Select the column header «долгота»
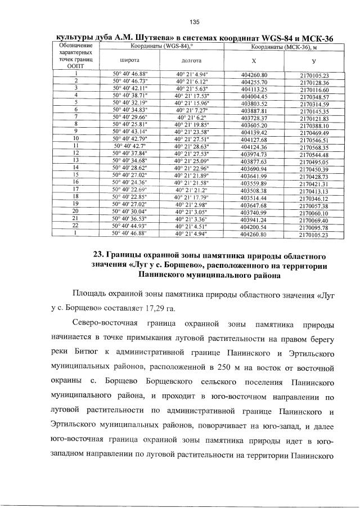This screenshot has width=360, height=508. (193, 59)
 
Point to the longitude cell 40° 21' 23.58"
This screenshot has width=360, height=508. (193, 131)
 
